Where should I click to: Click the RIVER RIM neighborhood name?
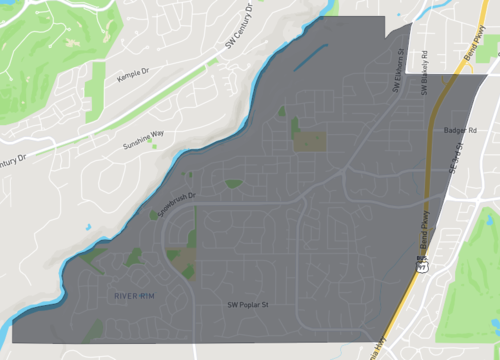click(136, 296)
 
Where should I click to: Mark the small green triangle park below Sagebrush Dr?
click(233, 183)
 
